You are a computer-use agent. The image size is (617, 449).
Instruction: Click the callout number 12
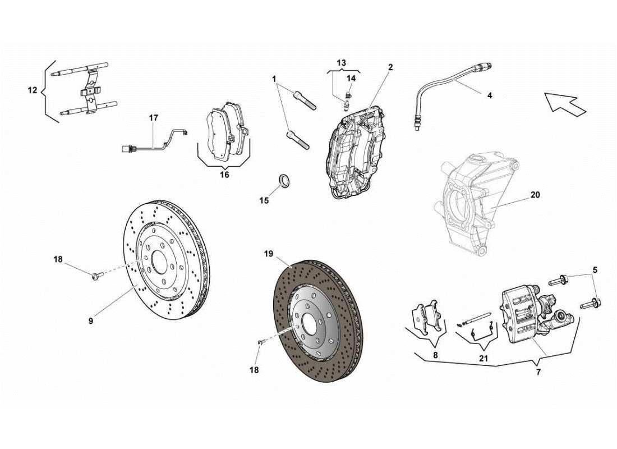(33, 90)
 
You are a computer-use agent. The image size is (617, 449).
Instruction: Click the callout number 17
(154, 118)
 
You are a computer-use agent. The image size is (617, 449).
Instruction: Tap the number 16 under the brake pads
(224, 175)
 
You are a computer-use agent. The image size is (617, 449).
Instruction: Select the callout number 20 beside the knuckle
(535, 195)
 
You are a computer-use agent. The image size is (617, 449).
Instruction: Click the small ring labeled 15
(286, 181)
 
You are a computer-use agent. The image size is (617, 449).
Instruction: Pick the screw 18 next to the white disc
(95, 275)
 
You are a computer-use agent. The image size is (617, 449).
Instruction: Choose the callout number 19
(269, 254)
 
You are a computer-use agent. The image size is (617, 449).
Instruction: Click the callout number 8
(435, 355)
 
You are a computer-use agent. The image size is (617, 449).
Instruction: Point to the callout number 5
(595, 269)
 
